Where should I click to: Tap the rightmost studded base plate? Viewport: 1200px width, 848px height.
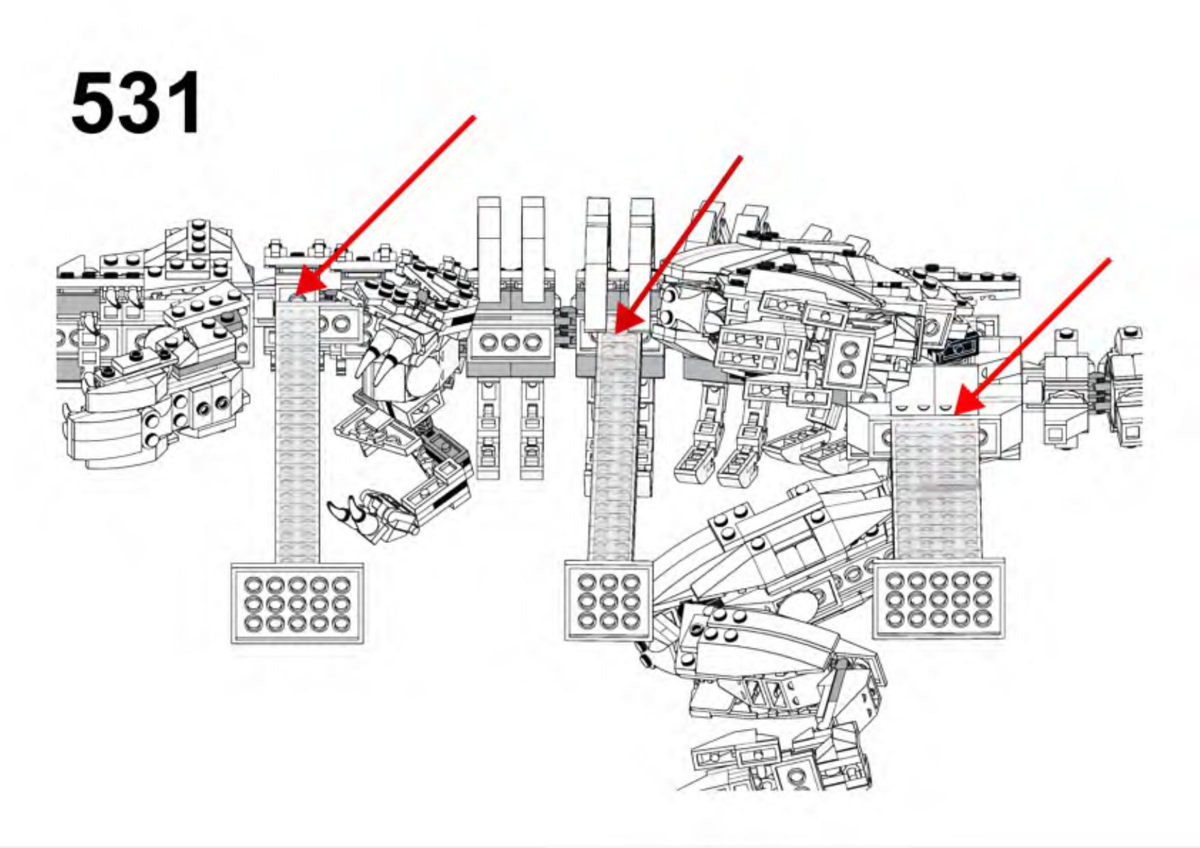tap(939, 598)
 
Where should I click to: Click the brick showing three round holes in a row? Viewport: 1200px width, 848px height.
tap(510, 341)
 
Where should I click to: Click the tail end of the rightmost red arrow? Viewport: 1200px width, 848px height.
tap(1108, 260)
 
